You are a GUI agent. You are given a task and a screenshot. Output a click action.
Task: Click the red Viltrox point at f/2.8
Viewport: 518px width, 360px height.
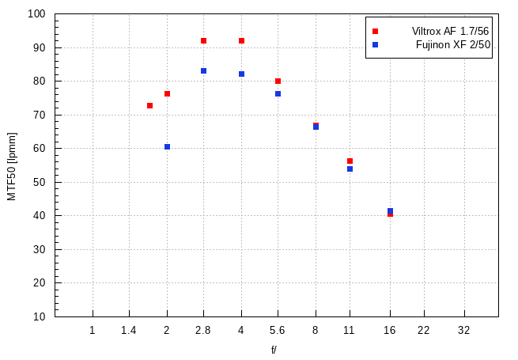point(203,40)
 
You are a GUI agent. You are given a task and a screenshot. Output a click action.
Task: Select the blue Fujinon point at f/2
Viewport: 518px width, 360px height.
point(167,146)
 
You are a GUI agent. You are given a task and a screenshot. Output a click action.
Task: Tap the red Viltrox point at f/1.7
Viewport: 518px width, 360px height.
point(149,105)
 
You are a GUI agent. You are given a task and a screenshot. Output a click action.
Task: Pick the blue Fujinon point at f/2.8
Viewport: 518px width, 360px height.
point(203,70)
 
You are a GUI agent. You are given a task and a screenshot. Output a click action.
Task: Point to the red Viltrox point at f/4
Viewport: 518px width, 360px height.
point(241,40)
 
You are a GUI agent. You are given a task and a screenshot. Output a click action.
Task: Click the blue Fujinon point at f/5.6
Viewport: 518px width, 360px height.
point(278,93)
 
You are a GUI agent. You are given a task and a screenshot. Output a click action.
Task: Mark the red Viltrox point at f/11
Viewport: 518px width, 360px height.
point(350,161)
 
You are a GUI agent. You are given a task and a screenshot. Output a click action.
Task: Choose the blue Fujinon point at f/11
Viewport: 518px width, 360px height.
point(350,169)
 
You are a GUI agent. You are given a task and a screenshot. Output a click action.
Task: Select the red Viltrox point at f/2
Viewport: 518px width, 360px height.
point(167,93)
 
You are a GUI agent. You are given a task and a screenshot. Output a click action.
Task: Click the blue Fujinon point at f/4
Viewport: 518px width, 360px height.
point(241,74)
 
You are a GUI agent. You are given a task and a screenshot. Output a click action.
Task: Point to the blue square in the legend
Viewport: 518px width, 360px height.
point(376,45)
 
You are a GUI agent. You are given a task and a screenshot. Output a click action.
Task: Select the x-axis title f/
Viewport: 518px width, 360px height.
point(274,349)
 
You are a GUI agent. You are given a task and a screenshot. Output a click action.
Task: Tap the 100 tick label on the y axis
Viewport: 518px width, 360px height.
point(36,14)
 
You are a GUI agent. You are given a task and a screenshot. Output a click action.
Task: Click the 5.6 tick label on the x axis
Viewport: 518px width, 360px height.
point(278,330)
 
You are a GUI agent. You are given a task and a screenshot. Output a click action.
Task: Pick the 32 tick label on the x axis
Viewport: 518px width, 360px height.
point(463,330)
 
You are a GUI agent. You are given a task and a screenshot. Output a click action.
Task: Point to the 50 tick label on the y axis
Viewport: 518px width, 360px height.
point(39,182)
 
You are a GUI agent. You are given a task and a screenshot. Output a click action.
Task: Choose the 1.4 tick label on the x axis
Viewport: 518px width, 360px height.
point(129,330)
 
